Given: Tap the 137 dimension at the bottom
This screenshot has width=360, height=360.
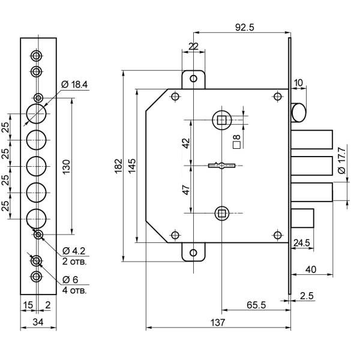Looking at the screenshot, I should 218,322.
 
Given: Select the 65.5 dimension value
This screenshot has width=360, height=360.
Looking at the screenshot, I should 256,305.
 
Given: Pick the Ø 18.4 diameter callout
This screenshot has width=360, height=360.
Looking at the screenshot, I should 75,85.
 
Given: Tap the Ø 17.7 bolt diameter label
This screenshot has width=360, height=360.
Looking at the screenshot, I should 341,161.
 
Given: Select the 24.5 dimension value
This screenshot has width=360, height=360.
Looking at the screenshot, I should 302,243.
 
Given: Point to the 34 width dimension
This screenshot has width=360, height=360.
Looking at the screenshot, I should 37,323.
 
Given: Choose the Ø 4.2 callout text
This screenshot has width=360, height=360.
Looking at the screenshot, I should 74,250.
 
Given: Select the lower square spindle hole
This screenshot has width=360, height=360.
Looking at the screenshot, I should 221,212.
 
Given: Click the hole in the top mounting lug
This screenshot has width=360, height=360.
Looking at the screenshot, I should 193,79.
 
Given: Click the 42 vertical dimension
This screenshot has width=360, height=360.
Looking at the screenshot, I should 185,143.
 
